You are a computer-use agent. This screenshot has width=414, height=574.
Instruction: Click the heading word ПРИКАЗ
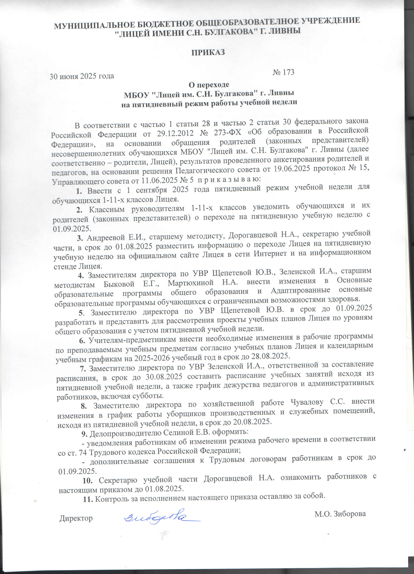click(x=208, y=52)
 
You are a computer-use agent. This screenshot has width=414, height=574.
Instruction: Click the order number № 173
click(x=283, y=72)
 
